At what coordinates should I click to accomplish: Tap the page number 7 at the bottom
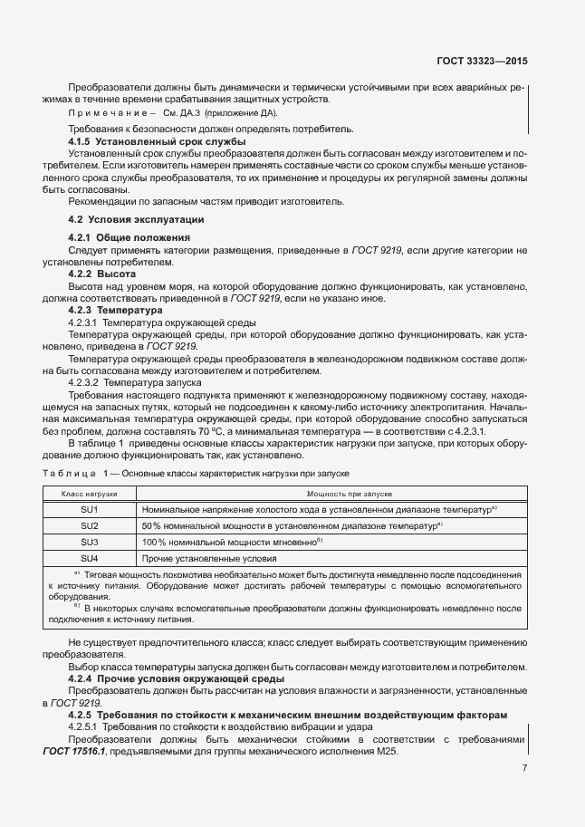525,769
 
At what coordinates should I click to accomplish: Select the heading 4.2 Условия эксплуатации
137,220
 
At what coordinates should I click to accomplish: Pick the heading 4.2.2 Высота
102,274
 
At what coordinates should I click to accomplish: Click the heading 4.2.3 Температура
116,310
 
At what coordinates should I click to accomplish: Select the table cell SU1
90,510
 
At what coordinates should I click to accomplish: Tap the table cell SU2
90,525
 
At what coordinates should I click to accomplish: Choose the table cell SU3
90,542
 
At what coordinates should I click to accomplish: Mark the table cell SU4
90,557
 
